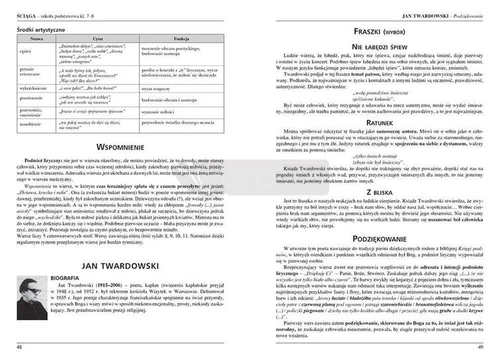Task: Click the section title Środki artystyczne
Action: point(44,30)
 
